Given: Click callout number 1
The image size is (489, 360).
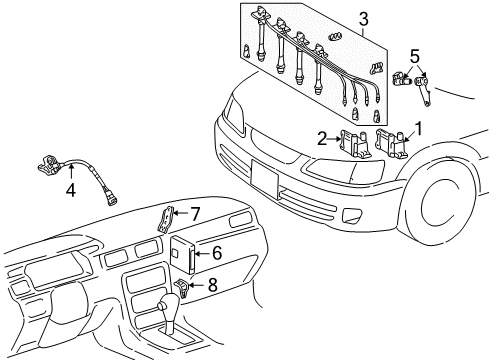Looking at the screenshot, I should point(419,128).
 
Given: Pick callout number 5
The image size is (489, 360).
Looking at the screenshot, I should point(414,56).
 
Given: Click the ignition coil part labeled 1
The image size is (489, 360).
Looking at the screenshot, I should point(393,143).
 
